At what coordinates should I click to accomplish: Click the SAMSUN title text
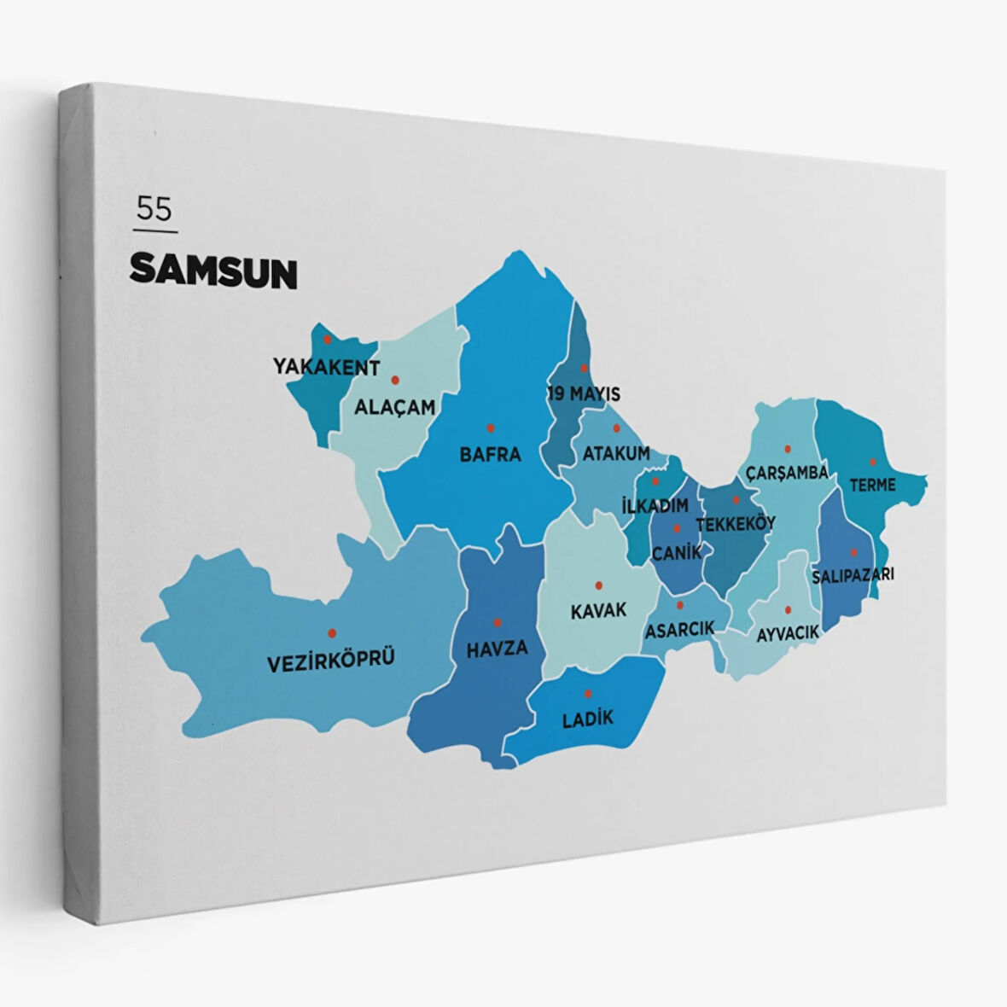click(213, 271)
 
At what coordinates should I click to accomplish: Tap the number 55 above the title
click(154, 209)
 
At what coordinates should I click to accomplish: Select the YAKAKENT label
click(326, 367)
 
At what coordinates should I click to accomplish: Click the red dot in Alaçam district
click(395, 379)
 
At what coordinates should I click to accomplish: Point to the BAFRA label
click(490, 454)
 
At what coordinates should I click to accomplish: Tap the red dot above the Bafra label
click(490, 428)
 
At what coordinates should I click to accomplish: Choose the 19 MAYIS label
click(584, 394)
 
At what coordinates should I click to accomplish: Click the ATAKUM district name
click(616, 453)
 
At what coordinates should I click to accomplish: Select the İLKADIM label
click(655, 506)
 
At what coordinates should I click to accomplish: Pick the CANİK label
click(677, 552)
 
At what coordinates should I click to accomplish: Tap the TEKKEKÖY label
click(736, 523)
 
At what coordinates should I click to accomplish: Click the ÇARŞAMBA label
click(787, 472)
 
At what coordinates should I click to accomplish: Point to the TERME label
click(872, 485)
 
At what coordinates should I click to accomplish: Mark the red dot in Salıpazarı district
click(853, 552)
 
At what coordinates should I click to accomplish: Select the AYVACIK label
click(788, 632)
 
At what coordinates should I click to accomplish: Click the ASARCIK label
click(679, 630)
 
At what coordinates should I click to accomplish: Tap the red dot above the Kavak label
click(598, 585)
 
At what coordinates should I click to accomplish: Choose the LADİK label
click(588, 719)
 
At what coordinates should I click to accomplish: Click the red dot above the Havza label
click(497, 622)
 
